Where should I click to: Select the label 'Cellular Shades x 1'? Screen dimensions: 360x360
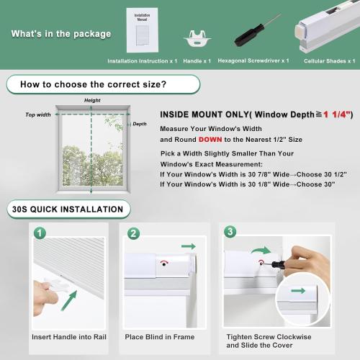click(328, 61)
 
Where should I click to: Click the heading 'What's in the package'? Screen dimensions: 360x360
click(61, 34)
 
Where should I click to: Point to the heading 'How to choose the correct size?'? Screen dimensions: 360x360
click(93, 84)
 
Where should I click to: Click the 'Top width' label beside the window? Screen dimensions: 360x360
click(38, 114)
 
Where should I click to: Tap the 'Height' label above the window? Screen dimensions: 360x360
click(92, 100)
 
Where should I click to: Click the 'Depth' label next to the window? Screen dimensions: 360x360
click(140, 124)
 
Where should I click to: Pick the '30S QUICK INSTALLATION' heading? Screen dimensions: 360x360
click(67, 210)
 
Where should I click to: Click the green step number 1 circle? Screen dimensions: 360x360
click(41, 233)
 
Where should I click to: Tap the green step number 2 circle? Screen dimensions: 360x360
click(133, 233)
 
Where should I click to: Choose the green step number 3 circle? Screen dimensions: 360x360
click(230, 232)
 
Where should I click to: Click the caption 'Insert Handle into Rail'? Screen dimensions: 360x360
click(69, 336)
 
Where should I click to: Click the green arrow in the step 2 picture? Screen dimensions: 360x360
click(189, 246)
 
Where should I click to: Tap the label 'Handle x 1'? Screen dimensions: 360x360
click(198, 61)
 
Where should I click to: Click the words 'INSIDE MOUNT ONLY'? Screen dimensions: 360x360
click(205, 114)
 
